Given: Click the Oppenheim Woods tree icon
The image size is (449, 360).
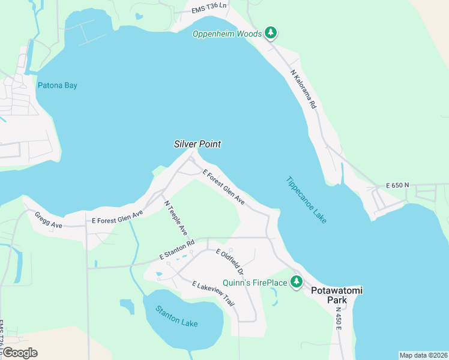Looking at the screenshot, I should pos(271,33).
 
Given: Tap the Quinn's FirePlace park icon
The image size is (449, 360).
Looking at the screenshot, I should pos(296,281).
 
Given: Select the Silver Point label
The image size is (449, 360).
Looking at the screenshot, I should pos(197,144).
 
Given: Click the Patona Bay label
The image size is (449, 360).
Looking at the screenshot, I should pos(58,85).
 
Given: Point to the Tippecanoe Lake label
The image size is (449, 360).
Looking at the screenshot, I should pos(306,200).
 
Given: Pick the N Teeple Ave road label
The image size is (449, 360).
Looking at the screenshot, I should pos(176,217).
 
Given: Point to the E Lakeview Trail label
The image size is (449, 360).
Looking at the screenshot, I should pos(213,293).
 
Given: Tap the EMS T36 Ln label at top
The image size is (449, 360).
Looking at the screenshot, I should pos(209,8).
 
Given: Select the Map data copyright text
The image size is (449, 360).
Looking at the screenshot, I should pos(423,355).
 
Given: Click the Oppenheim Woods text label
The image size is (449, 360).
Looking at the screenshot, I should pos(227,34).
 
